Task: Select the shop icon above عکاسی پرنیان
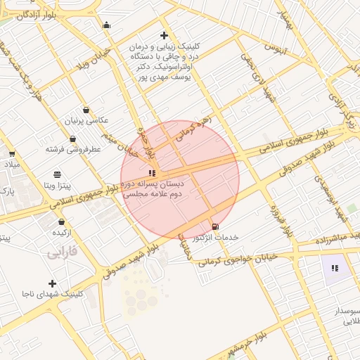86,110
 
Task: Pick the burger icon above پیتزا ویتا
57,174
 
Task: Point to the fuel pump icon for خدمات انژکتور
214,226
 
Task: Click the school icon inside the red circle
152,172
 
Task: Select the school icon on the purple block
335,268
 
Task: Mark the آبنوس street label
275,49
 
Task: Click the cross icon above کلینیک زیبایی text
164,35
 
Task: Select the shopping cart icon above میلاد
11,154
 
